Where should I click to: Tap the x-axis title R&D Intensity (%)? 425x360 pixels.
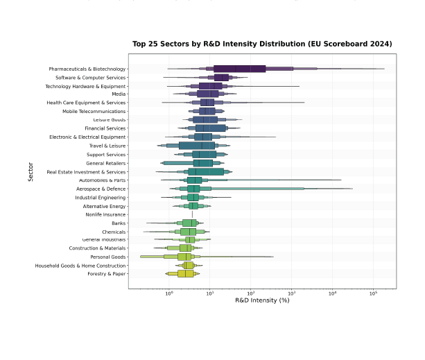coord(262,300)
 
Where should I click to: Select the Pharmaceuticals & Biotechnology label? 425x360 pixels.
coord(87,69)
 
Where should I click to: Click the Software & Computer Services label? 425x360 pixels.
coord(91,78)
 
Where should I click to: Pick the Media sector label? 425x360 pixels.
coord(119,94)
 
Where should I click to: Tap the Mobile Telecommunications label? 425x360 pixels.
coord(94,112)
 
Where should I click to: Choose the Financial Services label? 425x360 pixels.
coord(105,128)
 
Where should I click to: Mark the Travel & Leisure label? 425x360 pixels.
coord(107,146)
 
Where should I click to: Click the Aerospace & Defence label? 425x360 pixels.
coord(102,189)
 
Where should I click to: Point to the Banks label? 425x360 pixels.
coord(119,223)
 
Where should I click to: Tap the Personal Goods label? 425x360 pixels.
coord(109,257)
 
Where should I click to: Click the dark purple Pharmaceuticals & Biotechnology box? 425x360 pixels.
coord(240,69)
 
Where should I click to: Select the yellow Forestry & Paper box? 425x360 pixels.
coord(186,274)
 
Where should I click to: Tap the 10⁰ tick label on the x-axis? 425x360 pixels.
coord(169,293)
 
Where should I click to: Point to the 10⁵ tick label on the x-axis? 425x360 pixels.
coord(373,293)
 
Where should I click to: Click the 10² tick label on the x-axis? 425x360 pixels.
coord(251,293)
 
